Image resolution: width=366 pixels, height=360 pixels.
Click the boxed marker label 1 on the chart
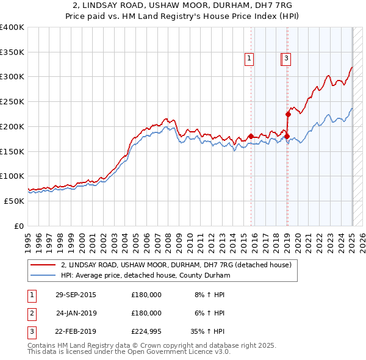click(x=249, y=59)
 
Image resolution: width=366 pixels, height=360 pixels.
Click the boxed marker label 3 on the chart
click(x=286, y=59)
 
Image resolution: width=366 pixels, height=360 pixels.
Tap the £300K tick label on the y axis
click(x=12, y=77)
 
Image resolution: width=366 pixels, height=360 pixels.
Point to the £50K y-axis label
click(x=15, y=201)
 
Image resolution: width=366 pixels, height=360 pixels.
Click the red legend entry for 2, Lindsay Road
click(x=176, y=265)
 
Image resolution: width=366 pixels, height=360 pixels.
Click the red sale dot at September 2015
click(x=251, y=136)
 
